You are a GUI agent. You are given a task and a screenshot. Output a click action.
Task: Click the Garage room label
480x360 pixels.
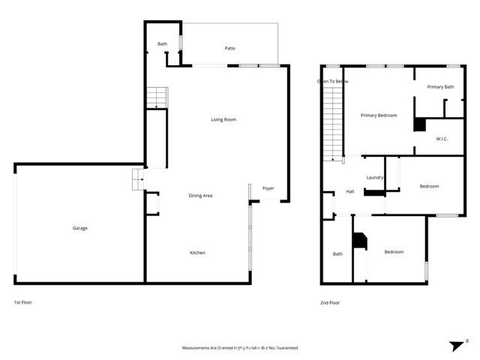(x=79, y=228)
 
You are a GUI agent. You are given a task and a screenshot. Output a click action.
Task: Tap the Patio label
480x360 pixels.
(x=230, y=49)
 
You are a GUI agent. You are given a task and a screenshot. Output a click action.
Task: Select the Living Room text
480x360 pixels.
(x=223, y=119)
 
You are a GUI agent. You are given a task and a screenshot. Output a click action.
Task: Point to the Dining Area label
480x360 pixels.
(x=200, y=196)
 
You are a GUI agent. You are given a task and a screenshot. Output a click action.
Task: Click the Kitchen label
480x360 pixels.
(x=197, y=253)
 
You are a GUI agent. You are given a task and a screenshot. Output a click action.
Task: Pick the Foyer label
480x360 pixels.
(x=268, y=188)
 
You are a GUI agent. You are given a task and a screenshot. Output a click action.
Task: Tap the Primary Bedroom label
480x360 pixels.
(x=378, y=115)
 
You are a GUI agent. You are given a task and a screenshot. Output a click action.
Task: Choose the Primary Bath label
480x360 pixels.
(x=440, y=87)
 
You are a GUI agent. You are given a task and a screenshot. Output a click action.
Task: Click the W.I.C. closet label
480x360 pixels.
(x=442, y=139)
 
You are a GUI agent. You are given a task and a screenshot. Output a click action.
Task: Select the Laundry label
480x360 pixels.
(x=375, y=178)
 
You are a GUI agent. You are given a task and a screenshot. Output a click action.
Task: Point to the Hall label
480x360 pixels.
(x=349, y=192)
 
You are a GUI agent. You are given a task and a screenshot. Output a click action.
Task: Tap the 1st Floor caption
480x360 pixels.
(x=22, y=302)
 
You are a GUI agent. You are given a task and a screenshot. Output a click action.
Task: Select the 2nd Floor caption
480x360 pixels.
(x=330, y=302)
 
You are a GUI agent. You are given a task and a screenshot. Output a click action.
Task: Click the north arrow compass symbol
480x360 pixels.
(x=457, y=345)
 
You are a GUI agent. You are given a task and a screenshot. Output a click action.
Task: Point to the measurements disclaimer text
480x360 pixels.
(x=240, y=348)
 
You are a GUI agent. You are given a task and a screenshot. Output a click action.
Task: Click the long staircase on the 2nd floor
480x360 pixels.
(x=332, y=124)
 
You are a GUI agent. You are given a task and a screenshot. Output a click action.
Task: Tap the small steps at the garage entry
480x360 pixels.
(x=137, y=180)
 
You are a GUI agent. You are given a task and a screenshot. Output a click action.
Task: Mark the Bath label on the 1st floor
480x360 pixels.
(x=162, y=44)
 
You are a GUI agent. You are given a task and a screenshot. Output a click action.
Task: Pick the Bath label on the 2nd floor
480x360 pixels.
(x=337, y=253)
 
